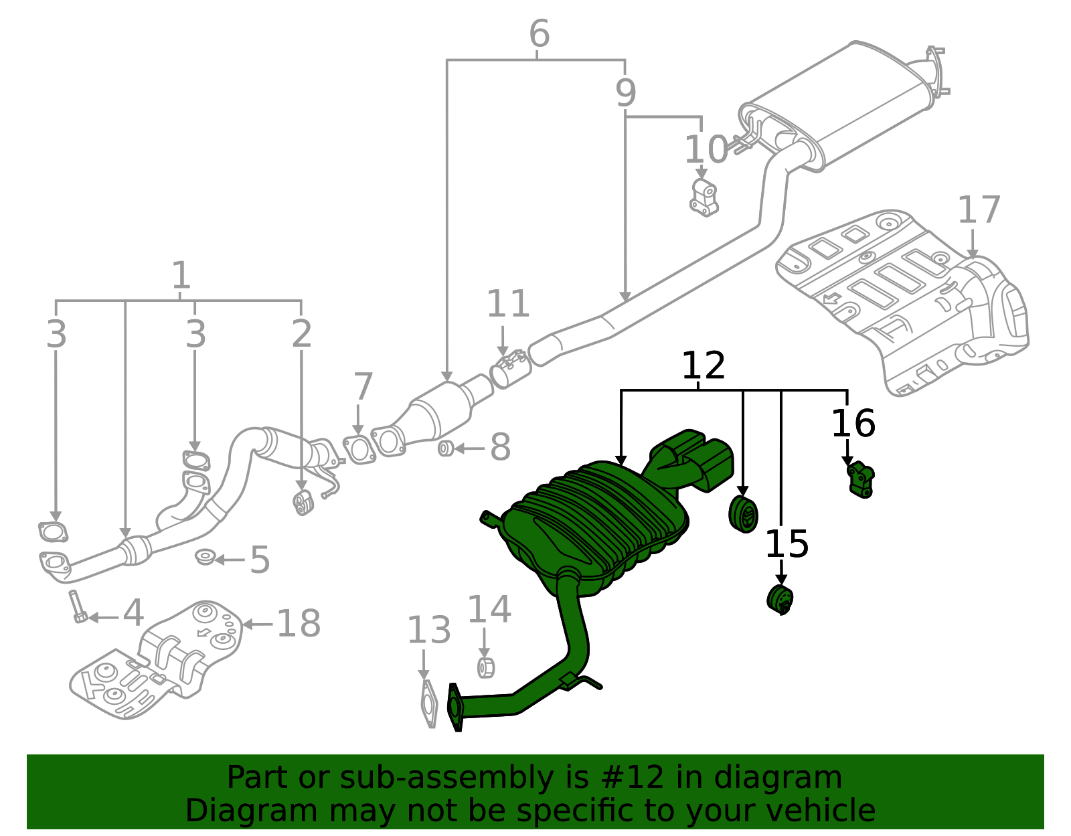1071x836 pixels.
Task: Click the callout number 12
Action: [703, 366]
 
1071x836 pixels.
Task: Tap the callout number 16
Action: [853, 424]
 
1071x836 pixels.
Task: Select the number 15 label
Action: [787, 544]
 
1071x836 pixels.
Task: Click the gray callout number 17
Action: [979, 210]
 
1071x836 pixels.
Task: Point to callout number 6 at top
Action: [539, 33]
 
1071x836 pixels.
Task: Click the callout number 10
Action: [706, 149]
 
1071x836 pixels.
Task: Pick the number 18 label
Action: [299, 624]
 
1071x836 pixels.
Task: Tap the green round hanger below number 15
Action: [780, 599]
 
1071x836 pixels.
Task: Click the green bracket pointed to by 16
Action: [861, 480]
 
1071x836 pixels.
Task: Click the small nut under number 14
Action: [485, 667]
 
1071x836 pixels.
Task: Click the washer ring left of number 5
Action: [205, 557]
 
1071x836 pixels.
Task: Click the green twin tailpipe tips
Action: [696, 458]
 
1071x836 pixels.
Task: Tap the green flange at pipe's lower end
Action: [455, 707]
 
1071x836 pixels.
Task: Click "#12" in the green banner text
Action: [633, 778]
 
